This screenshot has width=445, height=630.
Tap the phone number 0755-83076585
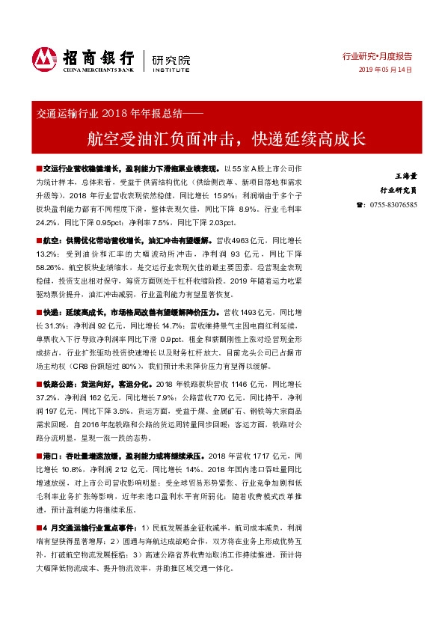tap(393, 204)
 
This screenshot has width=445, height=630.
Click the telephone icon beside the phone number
tap(360, 204)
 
